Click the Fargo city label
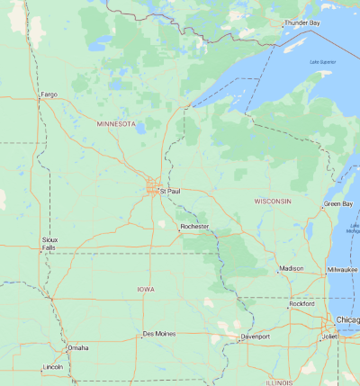click(49, 94)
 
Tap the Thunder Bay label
click(301, 22)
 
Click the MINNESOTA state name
click(115, 123)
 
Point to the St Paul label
click(169, 192)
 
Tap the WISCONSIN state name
click(272, 201)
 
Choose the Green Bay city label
click(338, 205)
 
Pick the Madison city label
click(291, 268)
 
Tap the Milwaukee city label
click(342, 269)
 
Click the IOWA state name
click(146, 289)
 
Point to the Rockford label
click(302, 304)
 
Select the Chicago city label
click(347, 320)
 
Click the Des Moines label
click(158, 334)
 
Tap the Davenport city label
click(255, 337)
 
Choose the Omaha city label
click(77, 347)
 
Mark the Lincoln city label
click(53, 367)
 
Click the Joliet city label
click(330, 337)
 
